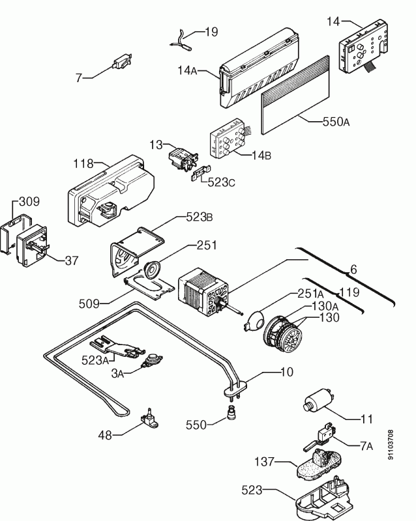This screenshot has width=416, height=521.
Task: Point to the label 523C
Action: point(221,183)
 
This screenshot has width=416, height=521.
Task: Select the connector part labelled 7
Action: point(121,63)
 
